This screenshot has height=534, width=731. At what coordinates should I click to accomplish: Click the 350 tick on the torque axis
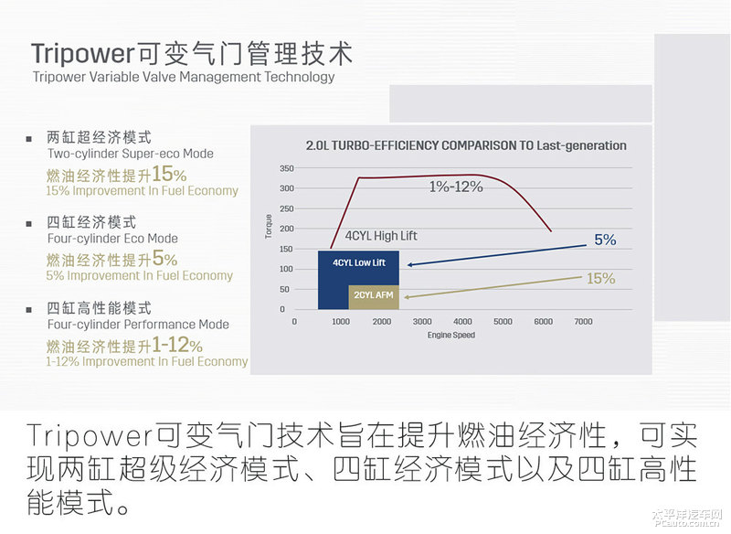tap(287, 168)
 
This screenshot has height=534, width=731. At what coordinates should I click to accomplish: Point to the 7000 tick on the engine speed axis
tap(583, 321)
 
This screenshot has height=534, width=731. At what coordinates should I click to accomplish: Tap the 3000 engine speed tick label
tap(422, 321)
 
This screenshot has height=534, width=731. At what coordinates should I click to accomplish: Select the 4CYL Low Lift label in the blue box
tap(359, 263)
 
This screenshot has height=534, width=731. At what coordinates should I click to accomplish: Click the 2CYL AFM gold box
tap(374, 297)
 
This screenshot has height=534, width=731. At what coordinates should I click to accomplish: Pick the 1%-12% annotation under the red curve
tap(456, 187)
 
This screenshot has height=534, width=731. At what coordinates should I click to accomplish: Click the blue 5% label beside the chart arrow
tap(605, 240)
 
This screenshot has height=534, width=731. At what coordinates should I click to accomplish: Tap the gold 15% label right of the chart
tap(601, 278)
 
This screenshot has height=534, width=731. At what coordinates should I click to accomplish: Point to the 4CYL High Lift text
tap(381, 236)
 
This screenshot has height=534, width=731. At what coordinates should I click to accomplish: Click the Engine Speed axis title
tap(451, 335)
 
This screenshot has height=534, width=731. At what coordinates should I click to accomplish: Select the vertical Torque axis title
tap(268, 227)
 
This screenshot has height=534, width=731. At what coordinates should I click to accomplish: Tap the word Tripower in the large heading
tap(83, 53)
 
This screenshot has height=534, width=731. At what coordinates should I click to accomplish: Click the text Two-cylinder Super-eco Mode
tap(131, 154)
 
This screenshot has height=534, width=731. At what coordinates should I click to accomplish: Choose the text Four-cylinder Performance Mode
tap(138, 324)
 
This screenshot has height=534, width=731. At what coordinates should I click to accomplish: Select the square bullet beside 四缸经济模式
tap(29, 224)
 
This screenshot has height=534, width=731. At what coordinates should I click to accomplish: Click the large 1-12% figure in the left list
tap(177, 345)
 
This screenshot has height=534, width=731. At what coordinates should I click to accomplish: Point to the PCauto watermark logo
tap(687, 518)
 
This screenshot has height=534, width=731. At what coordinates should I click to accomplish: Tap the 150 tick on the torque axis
tap(287, 249)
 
